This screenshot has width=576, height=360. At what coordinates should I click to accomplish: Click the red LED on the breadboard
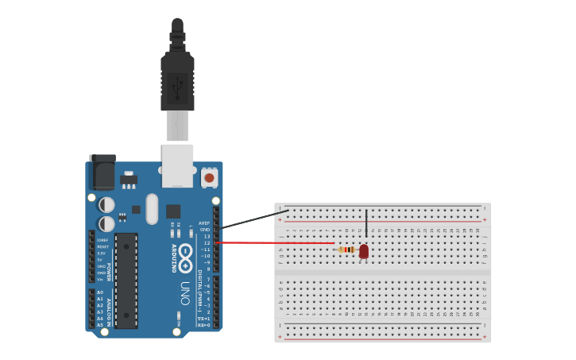[364, 251]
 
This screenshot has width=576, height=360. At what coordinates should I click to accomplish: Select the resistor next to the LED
[346, 250]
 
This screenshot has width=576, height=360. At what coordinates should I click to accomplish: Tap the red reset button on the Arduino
[210, 178]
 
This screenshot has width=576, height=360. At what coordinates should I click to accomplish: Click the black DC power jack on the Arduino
[102, 171]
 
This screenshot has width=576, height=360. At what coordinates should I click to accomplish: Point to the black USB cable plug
[177, 79]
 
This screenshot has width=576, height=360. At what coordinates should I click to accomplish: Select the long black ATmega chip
[126, 281]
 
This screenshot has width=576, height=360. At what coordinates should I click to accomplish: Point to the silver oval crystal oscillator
[152, 209]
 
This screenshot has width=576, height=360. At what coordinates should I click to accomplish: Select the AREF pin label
[205, 223]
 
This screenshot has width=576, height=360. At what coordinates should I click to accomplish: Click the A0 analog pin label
[100, 292]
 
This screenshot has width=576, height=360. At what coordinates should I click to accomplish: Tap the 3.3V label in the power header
[101, 253]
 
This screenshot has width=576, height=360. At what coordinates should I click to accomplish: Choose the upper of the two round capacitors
[106, 205]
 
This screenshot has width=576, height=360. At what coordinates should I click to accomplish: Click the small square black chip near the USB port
[173, 211]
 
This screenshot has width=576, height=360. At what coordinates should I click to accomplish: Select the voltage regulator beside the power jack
[128, 180]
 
